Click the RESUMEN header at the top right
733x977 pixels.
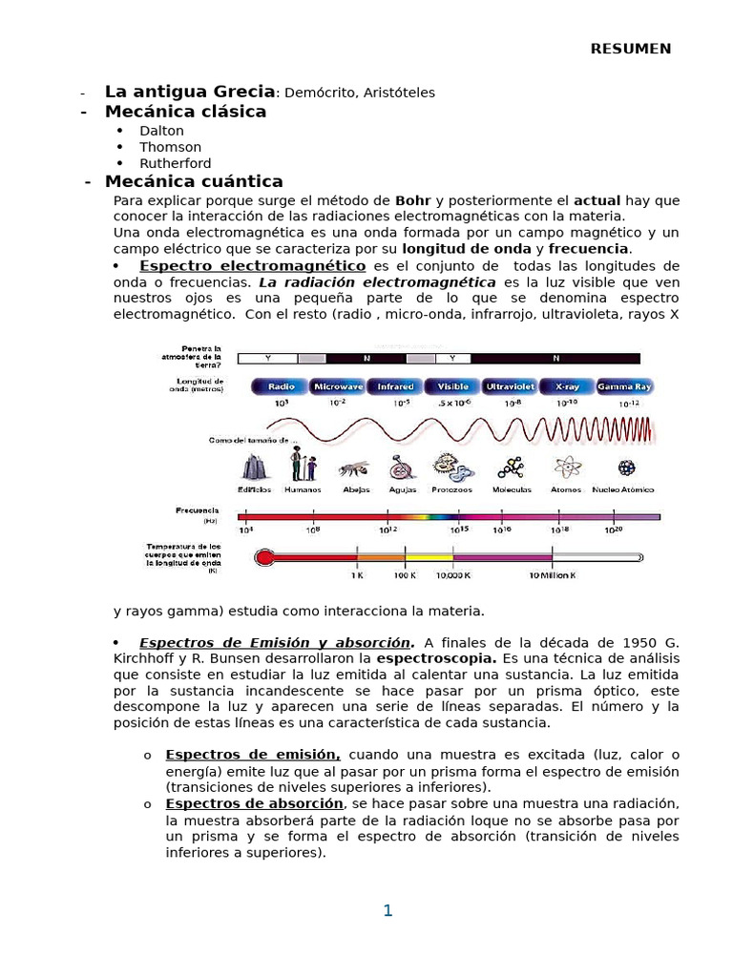[630, 49]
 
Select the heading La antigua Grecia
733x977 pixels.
[189, 92]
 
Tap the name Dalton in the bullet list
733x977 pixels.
[161, 131]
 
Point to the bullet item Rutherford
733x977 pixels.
[176, 163]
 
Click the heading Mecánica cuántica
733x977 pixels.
[194, 181]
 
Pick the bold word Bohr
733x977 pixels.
[412, 200]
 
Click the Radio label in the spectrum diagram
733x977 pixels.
[281, 387]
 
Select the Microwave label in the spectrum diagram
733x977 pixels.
[338, 387]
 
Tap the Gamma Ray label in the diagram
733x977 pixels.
[624, 387]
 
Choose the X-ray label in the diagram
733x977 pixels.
[566, 387]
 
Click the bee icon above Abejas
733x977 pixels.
[353, 468]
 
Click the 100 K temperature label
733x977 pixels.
[405, 575]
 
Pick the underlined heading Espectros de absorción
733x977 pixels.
[253, 804]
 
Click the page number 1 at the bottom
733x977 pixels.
[387, 910]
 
